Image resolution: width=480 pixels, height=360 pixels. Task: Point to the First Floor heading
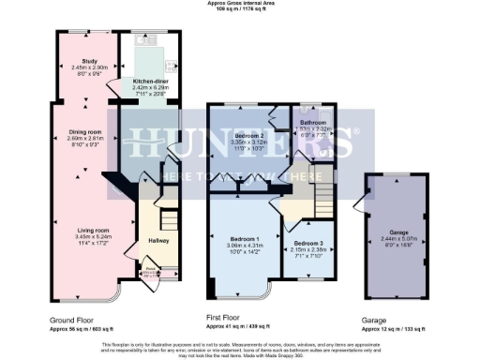[x=227, y=319]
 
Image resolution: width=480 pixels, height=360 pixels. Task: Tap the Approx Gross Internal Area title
[x=240, y=4]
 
